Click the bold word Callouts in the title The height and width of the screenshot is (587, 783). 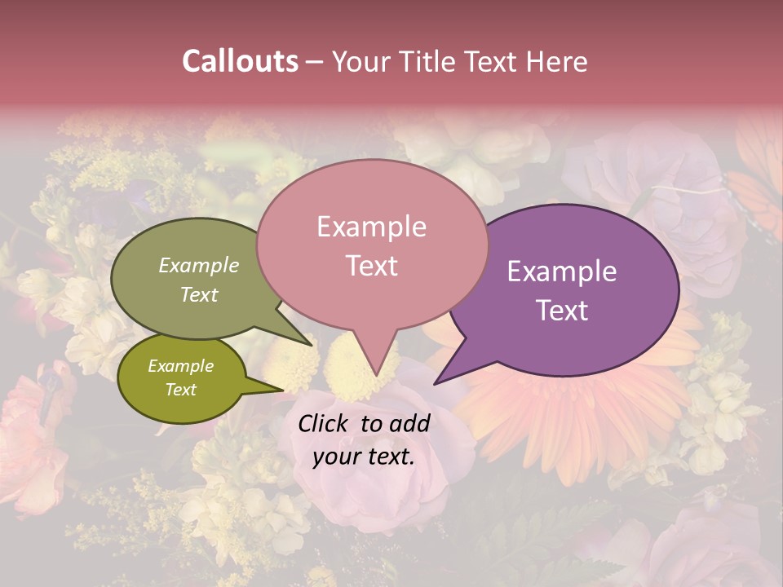pos(240,61)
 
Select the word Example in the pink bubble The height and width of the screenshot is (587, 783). pos(371,227)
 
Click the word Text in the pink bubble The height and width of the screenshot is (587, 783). pos(371,265)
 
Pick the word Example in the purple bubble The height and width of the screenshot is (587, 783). pos(562,271)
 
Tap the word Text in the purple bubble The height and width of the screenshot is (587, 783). pos(563,310)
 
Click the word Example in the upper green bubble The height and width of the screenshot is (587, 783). pos(199,265)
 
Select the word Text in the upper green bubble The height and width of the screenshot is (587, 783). pos(199,294)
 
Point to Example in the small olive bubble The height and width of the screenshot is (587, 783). pos(180,366)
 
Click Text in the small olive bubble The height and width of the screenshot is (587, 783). pos(180,390)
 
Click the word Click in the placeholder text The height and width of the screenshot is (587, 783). pos(323,423)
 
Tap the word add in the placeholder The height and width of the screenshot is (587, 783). pos(411,423)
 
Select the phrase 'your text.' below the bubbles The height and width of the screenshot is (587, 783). pos(364,457)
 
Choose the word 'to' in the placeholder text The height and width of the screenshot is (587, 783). pos(371,423)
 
